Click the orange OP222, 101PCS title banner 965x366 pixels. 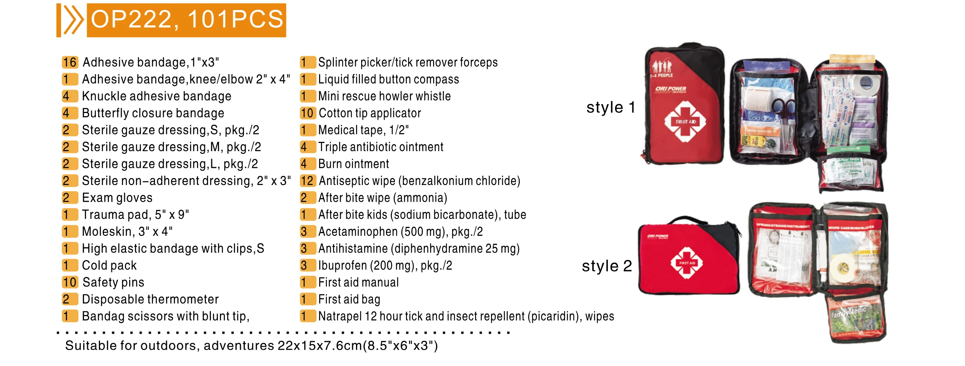tap(186, 20)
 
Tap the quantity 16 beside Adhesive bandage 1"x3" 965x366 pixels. tap(70, 62)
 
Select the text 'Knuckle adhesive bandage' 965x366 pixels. tap(156, 96)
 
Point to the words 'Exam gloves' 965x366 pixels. tap(117, 198)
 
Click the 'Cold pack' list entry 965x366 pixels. tap(109, 265)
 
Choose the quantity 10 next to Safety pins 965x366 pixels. tap(70, 282)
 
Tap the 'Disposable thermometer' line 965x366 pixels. tap(150, 299)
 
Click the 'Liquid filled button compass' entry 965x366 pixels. tap(388, 79)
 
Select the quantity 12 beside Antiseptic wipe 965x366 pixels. tap(307, 181)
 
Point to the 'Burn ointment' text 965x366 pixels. tap(353, 164)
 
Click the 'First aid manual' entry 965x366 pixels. tap(358, 282)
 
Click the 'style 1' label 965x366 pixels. tap(610, 108)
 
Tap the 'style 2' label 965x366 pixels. tap(606, 266)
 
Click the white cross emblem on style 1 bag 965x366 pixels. tap(685, 122)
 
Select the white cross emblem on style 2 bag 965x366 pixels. tap(687, 263)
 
